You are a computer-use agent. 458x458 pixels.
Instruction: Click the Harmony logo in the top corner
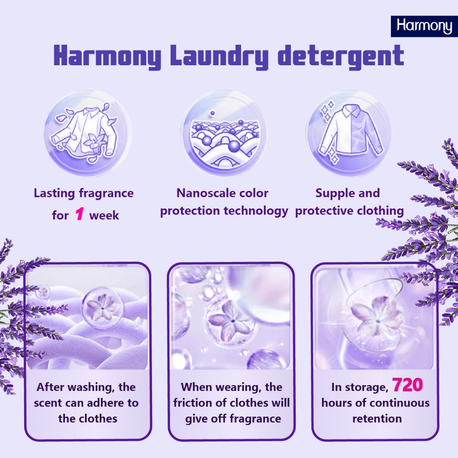click(x=424, y=26)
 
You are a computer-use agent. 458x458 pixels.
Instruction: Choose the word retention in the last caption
click(x=377, y=419)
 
